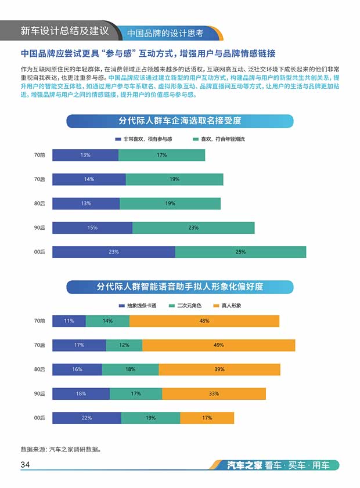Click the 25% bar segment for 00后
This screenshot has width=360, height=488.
240,252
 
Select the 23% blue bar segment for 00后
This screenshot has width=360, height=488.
114,252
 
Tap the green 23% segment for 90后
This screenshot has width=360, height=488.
193,227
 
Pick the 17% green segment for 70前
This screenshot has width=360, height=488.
161,155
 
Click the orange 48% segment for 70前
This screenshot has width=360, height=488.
204,321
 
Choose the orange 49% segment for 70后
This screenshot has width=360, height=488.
218,345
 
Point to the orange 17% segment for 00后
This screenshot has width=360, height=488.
207,418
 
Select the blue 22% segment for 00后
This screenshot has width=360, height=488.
87,418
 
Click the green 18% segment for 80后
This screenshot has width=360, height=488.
130,370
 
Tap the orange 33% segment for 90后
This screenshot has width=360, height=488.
214,394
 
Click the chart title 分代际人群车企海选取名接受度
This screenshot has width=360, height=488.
179,121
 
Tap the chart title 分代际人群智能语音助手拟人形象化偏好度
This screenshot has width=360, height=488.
179,287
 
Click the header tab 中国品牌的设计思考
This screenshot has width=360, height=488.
165,33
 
